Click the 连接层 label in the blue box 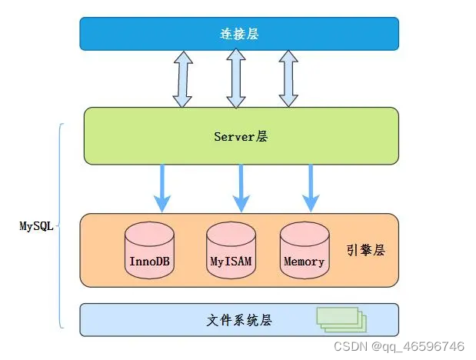pos(239,34)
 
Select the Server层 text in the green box pos(241,136)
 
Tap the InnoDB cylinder pos(149,250)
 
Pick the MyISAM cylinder pos(231,250)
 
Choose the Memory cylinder pos(305,250)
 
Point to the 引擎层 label pos(366,250)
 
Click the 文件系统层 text pos(239,320)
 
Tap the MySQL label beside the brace pos(36,226)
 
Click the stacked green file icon pos(341,319)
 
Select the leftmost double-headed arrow pos(183,79)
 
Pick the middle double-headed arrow pos(236,78)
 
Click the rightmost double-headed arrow pos(288,78)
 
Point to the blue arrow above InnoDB pos(162,188)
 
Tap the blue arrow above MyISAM pos(241,188)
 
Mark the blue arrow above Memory pos(311,188)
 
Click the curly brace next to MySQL pos(60,226)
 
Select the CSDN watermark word pos(351,346)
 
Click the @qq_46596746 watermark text pos(418,347)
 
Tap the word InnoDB pos(149,262)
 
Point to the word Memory pos(305,262)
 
